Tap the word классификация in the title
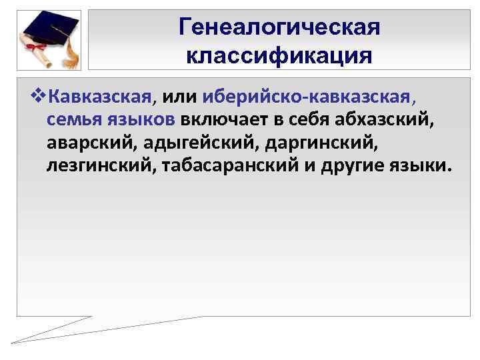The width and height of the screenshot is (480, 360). (x=279, y=54)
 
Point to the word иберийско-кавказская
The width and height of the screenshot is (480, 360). (x=311, y=98)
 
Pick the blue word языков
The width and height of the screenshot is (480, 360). (x=142, y=120)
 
